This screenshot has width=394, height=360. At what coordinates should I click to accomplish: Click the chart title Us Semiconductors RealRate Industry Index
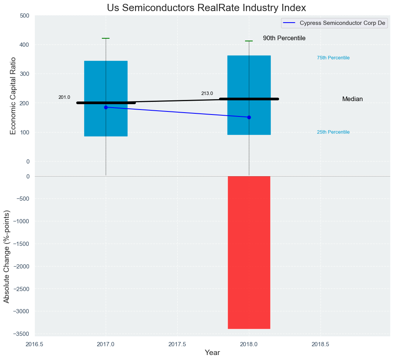coord(206,8)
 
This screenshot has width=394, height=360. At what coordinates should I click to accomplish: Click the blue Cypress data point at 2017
coord(106,107)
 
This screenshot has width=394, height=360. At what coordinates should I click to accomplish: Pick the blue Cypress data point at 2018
coord(249,117)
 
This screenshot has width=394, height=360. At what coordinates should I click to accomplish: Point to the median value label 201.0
coord(64,97)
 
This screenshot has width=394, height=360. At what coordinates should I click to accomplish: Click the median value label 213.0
coord(207,93)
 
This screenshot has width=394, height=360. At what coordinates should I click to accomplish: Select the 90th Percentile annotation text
coord(284,38)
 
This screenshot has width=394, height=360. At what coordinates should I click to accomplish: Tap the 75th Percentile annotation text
coord(333,58)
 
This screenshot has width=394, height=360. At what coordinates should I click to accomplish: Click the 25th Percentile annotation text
coord(333,132)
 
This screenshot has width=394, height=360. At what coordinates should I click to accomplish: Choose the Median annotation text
coord(352,99)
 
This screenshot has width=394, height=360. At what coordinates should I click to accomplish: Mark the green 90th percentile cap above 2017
coord(106,38)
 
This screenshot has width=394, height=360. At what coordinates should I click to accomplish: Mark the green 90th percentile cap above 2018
coord(249,41)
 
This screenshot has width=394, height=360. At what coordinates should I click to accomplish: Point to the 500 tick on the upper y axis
coord(25,16)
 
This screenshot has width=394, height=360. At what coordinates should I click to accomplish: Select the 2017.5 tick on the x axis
coord(177,344)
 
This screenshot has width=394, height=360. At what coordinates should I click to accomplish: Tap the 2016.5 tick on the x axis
coord(34,344)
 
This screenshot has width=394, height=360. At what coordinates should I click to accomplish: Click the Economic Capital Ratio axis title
coord(13,96)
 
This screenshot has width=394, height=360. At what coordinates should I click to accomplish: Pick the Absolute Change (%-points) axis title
coord(7,256)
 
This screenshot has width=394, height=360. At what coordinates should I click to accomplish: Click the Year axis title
coord(212,353)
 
